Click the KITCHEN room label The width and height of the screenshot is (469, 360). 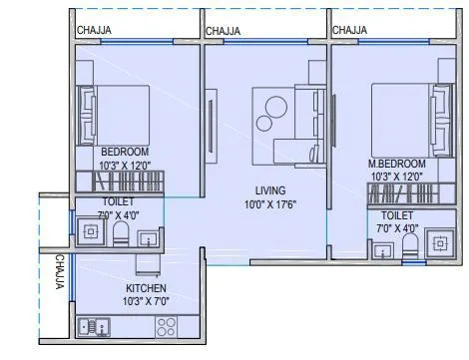[x=146, y=288]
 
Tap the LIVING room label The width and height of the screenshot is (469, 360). [x=270, y=190]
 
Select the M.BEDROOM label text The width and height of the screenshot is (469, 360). [x=396, y=164]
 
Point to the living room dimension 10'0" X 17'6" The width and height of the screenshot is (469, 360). [x=270, y=204]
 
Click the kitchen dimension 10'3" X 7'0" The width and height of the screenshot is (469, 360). [x=146, y=301]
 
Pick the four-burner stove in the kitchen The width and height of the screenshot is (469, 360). [x=166, y=327]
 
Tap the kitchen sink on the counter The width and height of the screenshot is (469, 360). [x=94, y=327]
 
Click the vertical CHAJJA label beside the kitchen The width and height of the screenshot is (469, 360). [x=60, y=271]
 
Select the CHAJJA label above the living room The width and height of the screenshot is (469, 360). [x=223, y=31]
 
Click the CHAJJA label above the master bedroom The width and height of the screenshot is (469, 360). [x=349, y=30]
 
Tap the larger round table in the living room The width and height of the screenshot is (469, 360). [x=275, y=107]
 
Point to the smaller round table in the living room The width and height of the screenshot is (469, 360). [x=264, y=123]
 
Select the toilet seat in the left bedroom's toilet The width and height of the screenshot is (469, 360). [x=120, y=233]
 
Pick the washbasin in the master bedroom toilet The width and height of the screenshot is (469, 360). [x=383, y=250]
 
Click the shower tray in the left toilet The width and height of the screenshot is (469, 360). [x=91, y=231]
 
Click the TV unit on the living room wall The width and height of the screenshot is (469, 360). [x=211, y=126]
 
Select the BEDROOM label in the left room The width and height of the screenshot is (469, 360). [x=125, y=152]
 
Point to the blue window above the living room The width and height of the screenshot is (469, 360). [x=265, y=41]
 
